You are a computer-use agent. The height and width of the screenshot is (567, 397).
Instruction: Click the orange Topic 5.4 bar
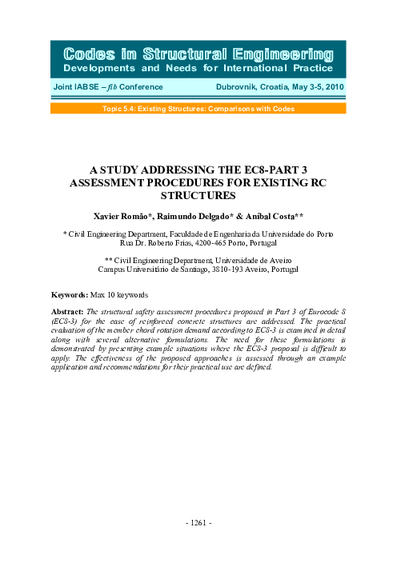198,107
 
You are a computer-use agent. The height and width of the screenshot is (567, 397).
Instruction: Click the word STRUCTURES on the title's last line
198,194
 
